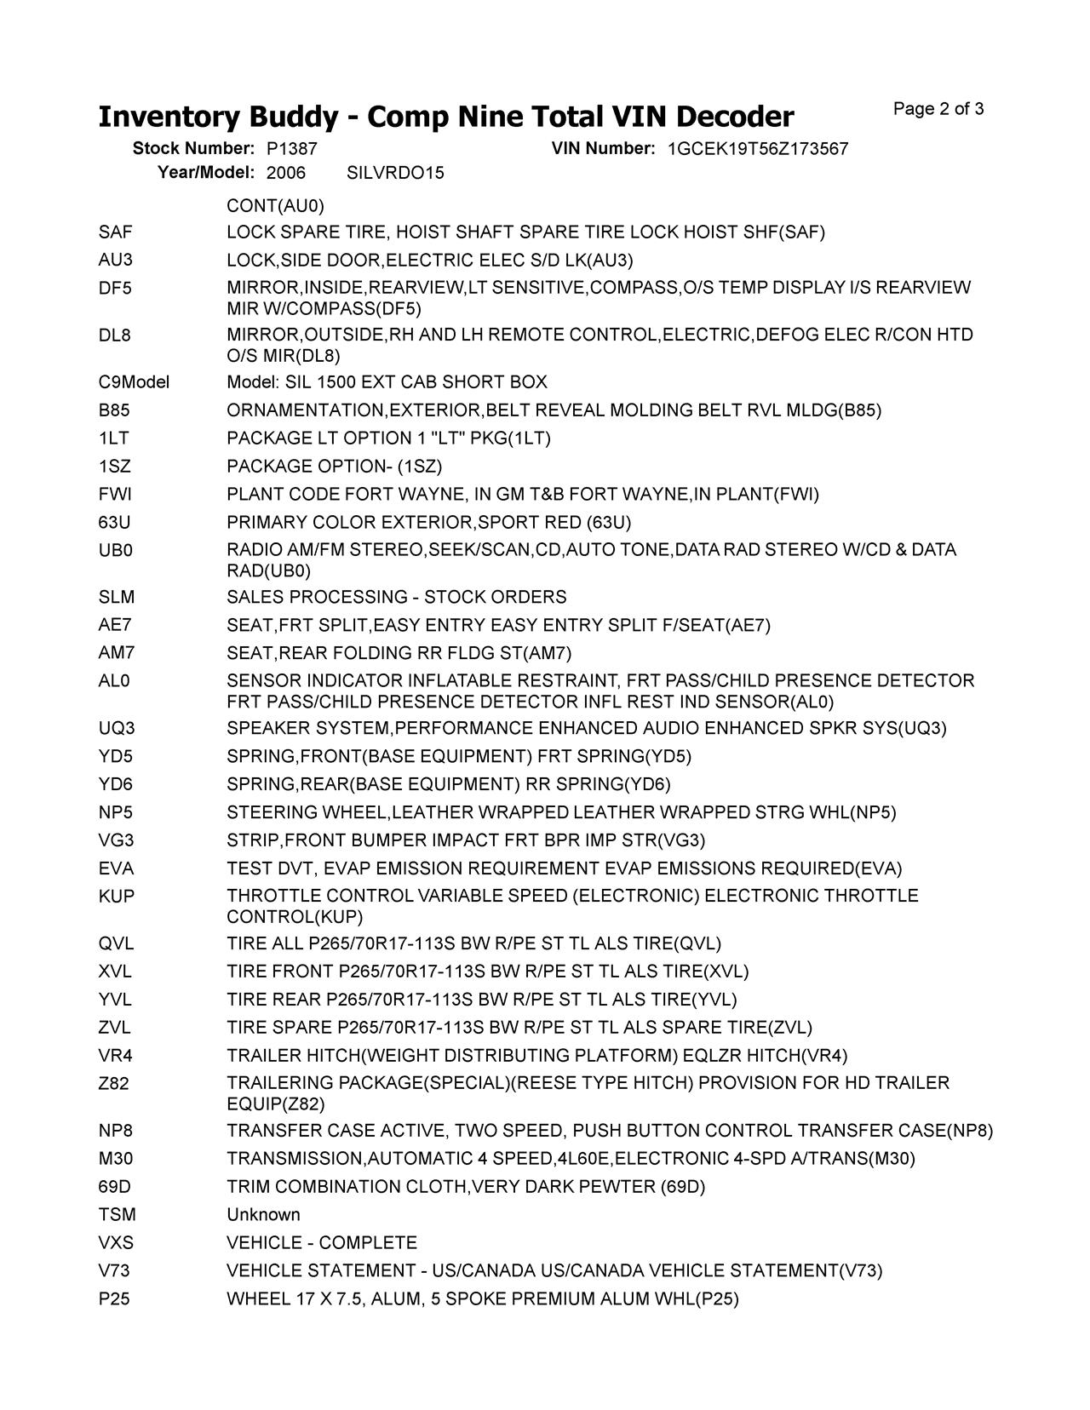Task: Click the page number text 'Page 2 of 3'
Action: (938, 109)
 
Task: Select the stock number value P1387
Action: (292, 149)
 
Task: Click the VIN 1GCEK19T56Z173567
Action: (757, 149)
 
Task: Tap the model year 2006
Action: (285, 173)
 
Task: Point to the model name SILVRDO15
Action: (395, 173)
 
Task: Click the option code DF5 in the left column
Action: (115, 288)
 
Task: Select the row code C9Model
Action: (134, 382)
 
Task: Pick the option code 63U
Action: (114, 522)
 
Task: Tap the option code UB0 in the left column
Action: (115, 550)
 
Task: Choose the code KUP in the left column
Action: (116, 896)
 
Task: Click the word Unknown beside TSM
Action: (263, 1214)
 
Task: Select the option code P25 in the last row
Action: (114, 1298)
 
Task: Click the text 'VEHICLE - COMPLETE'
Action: (321, 1242)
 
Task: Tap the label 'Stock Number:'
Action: (193, 149)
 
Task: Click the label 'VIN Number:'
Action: (603, 149)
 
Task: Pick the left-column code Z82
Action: (114, 1083)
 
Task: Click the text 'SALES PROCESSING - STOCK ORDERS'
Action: (396, 597)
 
